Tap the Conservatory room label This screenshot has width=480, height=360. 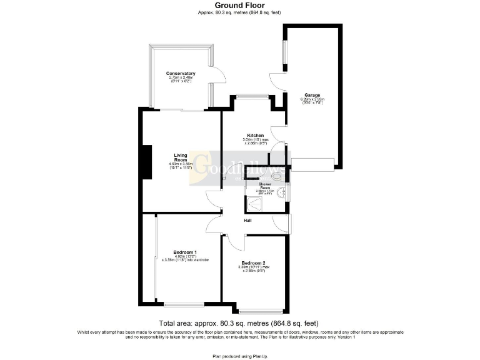pos(181,74)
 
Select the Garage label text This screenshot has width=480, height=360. pos(312,96)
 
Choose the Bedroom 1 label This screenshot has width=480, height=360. pos(181,252)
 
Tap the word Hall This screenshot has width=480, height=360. pos(248,220)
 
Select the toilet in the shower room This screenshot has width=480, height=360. pos(277,177)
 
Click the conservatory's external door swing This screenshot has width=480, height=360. pos(217,76)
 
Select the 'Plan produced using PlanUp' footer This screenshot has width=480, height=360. pos(239,355)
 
